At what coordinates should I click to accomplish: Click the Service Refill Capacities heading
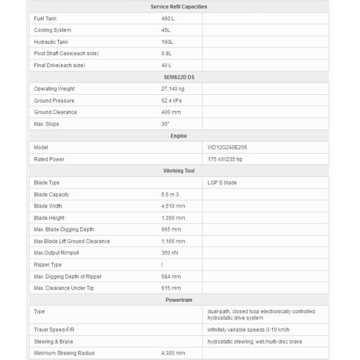[x=179, y=7]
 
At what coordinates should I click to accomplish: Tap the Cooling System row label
[x=52, y=30]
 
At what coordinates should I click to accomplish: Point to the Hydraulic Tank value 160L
[x=167, y=42]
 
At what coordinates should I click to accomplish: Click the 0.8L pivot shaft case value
[x=167, y=53]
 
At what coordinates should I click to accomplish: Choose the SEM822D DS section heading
[x=179, y=77]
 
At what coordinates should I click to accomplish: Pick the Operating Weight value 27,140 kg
[x=173, y=89]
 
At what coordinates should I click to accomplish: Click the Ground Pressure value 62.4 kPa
[x=172, y=101]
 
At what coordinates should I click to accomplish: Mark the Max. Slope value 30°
[x=165, y=124]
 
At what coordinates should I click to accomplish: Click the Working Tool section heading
[x=179, y=171]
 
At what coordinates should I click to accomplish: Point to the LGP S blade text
[x=222, y=183]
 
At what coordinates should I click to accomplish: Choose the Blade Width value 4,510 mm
[x=173, y=206]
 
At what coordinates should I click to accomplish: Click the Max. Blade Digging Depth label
[x=64, y=230]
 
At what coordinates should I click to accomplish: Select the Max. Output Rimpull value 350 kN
[x=170, y=253]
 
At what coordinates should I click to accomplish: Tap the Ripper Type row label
[x=48, y=265]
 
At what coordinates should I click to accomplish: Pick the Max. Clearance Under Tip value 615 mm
[x=170, y=289]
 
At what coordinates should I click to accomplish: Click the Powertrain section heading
[x=179, y=300]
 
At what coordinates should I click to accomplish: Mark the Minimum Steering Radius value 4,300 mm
[x=173, y=353]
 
